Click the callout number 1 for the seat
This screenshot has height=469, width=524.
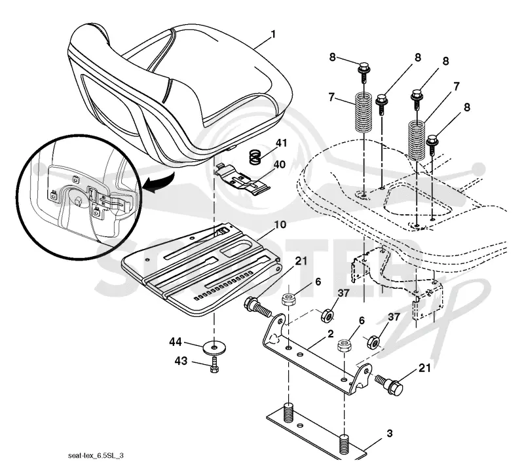(273, 34)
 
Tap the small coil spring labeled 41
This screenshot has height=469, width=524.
(255, 157)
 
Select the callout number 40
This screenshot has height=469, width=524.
(279, 164)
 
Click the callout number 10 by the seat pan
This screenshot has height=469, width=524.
(280, 224)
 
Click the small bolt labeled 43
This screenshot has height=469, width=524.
(214, 365)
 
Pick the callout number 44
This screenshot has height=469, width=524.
(176, 342)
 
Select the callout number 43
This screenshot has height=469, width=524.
(181, 361)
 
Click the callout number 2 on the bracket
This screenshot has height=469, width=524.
(331, 333)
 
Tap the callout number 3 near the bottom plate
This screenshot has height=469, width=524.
(389, 434)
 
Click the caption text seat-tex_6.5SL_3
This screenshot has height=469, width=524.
(96, 455)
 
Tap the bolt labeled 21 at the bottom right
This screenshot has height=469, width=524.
(389, 385)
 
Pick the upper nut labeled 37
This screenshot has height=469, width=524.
(326, 316)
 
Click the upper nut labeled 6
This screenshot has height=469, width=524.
(288, 299)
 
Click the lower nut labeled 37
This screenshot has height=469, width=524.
(373, 342)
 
